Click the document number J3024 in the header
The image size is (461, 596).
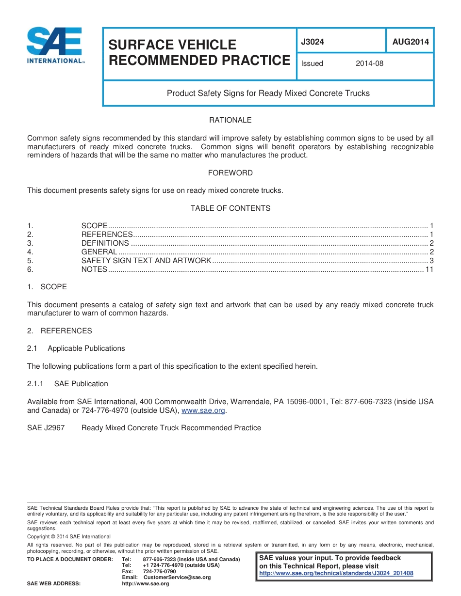tap(313, 42)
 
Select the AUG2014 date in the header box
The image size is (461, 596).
tap(410, 42)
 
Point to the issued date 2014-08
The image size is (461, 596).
tap(369, 63)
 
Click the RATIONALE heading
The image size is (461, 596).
tap(230, 120)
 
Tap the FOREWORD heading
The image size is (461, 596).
tap(230, 173)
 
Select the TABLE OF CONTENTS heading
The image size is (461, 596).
tap(230, 208)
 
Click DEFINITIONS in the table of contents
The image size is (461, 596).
tap(105, 243)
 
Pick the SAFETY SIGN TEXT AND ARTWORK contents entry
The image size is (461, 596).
tap(146, 261)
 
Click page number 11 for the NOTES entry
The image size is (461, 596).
tap(429, 269)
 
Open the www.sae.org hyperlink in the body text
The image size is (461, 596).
tap(203, 410)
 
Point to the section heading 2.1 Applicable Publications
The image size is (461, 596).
tap(76, 348)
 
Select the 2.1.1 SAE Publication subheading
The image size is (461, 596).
tap(67, 384)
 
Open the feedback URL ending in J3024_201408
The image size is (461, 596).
tap(336, 573)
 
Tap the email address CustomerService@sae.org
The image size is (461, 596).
tap(177, 578)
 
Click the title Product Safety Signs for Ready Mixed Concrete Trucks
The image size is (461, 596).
tap(268, 93)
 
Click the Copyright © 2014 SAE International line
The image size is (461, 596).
tap(69, 536)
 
